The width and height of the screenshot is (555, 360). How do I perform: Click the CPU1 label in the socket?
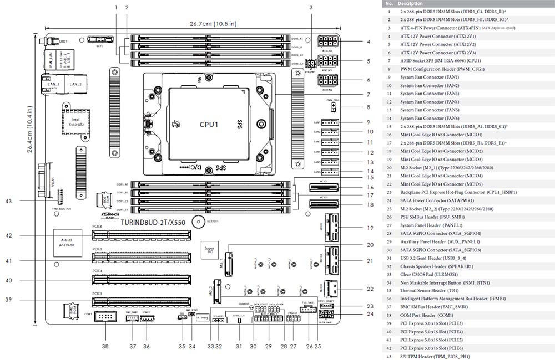click(209, 124)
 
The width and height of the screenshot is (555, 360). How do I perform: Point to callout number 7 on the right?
click(368, 95)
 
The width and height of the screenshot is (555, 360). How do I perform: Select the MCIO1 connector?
click(324, 187)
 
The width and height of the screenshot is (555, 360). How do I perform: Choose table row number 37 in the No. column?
click(389, 306)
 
